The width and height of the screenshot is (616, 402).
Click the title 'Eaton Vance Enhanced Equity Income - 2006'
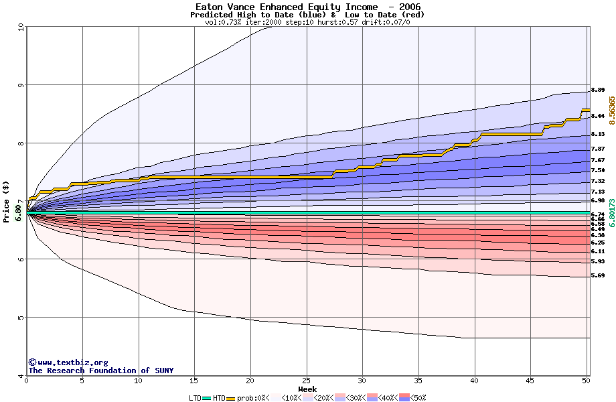[308, 7]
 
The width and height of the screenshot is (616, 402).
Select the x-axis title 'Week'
[308, 389]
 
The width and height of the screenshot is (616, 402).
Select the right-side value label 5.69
[598, 275]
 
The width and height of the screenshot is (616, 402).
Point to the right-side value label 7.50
[598, 170]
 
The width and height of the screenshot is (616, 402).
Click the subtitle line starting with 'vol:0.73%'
[308, 22]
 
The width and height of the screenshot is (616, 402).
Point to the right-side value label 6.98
[598, 200]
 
